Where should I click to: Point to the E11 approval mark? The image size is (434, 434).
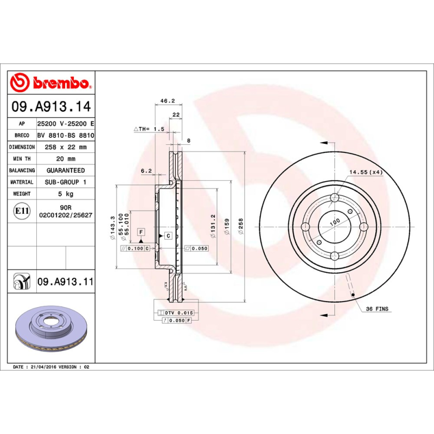(22, 210)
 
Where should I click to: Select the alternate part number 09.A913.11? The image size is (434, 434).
(66, 282)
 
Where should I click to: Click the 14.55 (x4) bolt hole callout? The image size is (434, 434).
(366, 172)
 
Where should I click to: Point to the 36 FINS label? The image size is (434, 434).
(376, 309)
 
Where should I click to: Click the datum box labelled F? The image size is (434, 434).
(141, 232)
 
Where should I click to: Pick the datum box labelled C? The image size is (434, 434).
(168, 235)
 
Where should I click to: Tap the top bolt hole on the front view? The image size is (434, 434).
(334, 197)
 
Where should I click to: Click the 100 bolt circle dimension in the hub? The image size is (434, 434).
(335, 222)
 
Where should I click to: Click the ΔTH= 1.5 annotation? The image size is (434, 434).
(149, 129)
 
